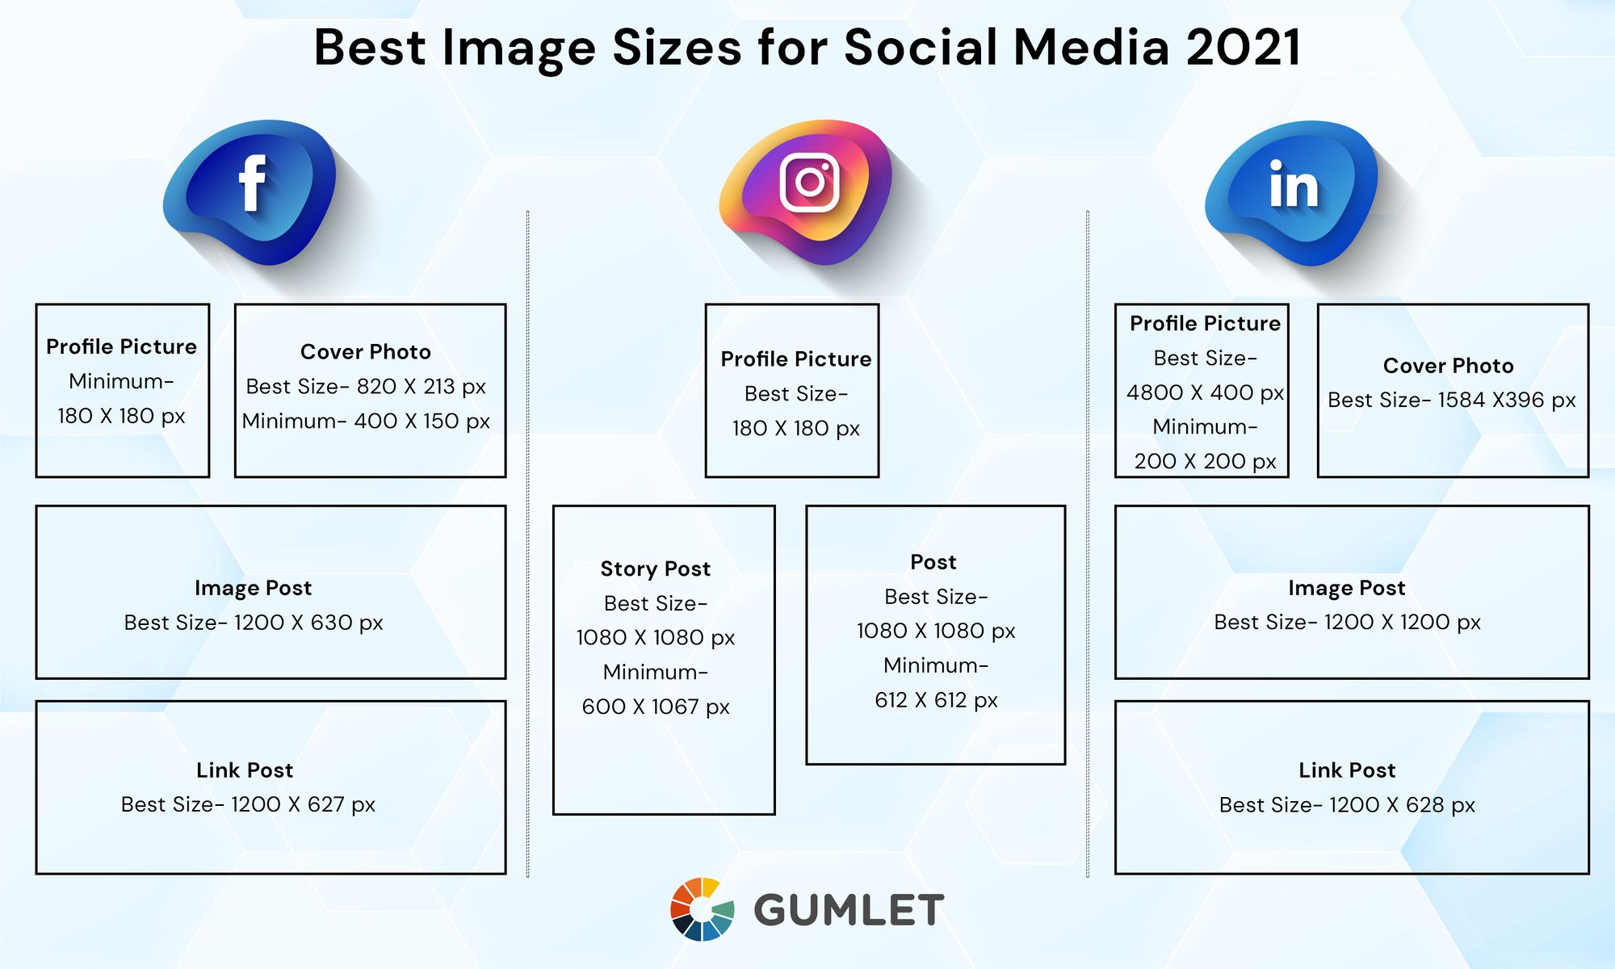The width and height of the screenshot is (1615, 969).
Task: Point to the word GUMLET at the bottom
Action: (849, 910)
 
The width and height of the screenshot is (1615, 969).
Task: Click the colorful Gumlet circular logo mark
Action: (703, 909)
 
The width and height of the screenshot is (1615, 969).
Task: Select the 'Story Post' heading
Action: (656, 569)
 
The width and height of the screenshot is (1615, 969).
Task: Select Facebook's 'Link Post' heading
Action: (245, 770)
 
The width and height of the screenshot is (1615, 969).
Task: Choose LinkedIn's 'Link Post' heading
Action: (1347, 770)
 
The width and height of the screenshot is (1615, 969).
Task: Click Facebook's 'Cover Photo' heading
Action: (366, 352)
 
